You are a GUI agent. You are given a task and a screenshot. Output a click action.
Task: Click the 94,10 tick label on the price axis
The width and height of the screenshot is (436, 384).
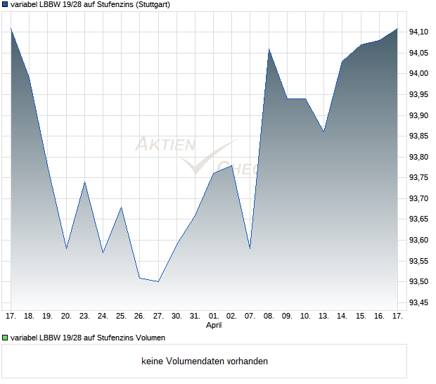click(420, 32)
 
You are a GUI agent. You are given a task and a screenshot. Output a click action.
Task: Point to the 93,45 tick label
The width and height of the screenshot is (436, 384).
click(420, 302)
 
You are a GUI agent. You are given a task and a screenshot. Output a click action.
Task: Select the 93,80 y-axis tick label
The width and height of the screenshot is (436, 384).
click(420, 157)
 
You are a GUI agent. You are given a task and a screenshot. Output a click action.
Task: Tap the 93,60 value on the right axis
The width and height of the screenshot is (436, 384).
click(420, 240)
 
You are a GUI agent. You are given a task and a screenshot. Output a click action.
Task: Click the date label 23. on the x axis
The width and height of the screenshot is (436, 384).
click(84, 316)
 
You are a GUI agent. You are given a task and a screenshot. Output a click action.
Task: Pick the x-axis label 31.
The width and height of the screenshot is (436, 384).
click(195, 316)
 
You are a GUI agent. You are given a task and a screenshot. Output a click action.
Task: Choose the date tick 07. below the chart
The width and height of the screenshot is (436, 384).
click(250, 316)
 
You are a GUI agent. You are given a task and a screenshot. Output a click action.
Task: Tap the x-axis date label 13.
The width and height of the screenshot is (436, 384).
click(323, 316)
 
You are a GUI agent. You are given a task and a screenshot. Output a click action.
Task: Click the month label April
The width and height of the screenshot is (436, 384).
click(214, 326)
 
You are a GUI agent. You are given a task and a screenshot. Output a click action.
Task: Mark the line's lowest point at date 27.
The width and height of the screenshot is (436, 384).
click(158, 281)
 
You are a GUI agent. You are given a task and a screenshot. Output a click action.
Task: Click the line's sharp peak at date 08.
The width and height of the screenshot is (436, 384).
click(269, 49)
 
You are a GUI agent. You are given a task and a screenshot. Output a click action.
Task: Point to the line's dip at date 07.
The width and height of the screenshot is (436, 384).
click(250, 248)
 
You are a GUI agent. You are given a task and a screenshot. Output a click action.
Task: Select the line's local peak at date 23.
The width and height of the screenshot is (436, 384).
click(84, 182)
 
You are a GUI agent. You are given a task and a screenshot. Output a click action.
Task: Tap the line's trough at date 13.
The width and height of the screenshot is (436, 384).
click(323, 132)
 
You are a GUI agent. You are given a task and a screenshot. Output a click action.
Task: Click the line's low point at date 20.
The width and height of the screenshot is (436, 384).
click(66, 248)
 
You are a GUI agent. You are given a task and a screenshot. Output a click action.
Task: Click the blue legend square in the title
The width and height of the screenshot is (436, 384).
click(5, 4)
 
